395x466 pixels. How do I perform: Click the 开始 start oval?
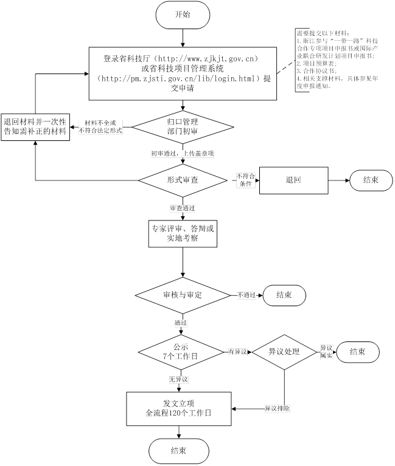pos(183,15)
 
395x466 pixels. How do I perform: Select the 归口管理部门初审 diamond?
pos(183,126)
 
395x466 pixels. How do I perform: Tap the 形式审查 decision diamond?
pos(183,180)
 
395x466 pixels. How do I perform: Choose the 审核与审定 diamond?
pos(183,295)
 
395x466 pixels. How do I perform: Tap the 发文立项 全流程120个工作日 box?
pos(179,408)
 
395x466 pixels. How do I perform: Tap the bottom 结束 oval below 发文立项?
pos(179,450)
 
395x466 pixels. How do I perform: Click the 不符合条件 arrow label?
pos(245,180)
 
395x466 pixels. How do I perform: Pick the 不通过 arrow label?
pos(246,295)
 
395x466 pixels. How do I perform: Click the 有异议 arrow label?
pos(237,352)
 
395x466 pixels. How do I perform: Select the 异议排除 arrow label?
pos(277,408)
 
